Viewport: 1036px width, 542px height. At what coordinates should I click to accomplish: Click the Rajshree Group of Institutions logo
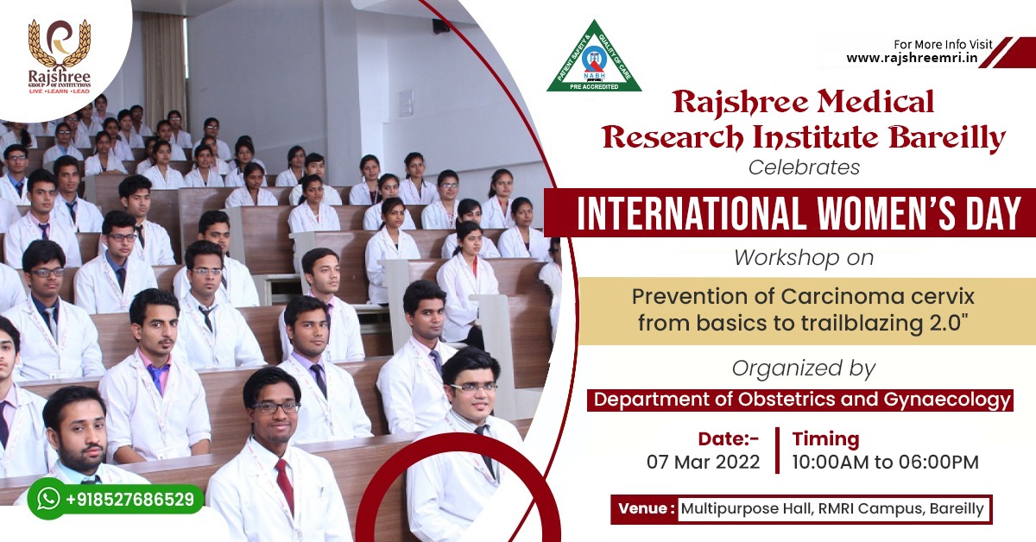(x=60, y=56)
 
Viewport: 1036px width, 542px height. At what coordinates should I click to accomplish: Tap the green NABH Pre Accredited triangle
(x=594, y=56)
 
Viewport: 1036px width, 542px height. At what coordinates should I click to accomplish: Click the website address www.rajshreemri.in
(x=912, y=59)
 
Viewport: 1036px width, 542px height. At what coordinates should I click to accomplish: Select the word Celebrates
(x=804, y=167)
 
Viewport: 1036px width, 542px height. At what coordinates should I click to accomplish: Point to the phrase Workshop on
(x=804, y=257)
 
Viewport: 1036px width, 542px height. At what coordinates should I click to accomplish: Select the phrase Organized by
(x=804, y=369)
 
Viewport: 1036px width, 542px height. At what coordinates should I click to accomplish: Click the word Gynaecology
(x=947, y=400)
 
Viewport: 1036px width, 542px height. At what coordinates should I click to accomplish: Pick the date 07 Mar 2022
(x=703, y=462)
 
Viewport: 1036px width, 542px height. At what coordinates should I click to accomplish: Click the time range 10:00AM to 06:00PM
(x=885, y=462)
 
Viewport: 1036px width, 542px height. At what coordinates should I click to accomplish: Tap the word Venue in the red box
(x=642, y=508)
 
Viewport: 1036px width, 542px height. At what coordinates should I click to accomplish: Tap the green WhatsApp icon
(x=48, y=499)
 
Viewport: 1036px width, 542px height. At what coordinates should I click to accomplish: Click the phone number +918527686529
(x=130, y=500)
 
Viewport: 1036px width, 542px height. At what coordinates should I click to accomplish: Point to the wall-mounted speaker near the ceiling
(x=441, y=25)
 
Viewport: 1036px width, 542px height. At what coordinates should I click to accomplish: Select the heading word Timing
(x=825, y=439)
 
